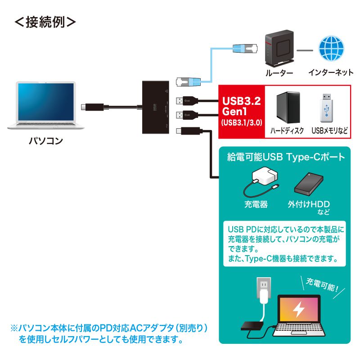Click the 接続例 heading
(x=45, y=22)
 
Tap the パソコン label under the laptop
(x=46, y=140)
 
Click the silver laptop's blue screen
(x=46, y=102)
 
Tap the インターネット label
(x=331, y=72)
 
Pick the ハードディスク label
(x=287, y=131)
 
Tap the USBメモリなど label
(x=329, y=131)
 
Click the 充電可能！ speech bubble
(x=322, y=284)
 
